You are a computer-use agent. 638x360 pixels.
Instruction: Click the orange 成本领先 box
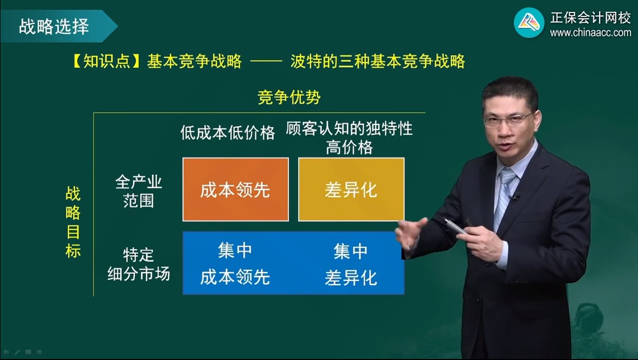(x=235, y=189)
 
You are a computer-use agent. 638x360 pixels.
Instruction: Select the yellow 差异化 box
(x=351, y=189)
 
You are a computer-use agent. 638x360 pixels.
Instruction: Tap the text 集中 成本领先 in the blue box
(x=235, y=264)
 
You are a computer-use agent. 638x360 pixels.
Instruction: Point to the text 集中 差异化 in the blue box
(x=351, y=264)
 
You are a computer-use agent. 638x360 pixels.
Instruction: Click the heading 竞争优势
(x=289, y=97)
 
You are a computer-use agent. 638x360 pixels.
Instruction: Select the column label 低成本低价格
(x=227, y=133)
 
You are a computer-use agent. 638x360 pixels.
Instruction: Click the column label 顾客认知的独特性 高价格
(x=349, y=138)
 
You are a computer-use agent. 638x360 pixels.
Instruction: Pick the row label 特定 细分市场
(x=139, y=264)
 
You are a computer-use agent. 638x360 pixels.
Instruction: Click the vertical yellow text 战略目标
(x=73, y=222)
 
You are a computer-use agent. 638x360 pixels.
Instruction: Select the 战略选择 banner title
(x=54, y=26)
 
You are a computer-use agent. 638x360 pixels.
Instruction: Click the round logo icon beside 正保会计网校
(x=529, y=23)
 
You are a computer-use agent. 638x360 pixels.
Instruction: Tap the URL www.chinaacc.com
(x=591, y=33)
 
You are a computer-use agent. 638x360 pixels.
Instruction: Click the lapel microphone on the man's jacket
(x=515, y=197)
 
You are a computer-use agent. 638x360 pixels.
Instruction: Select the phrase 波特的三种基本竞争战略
(x=378, y=61)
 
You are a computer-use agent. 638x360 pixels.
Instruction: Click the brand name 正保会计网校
(x=591, y=18)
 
